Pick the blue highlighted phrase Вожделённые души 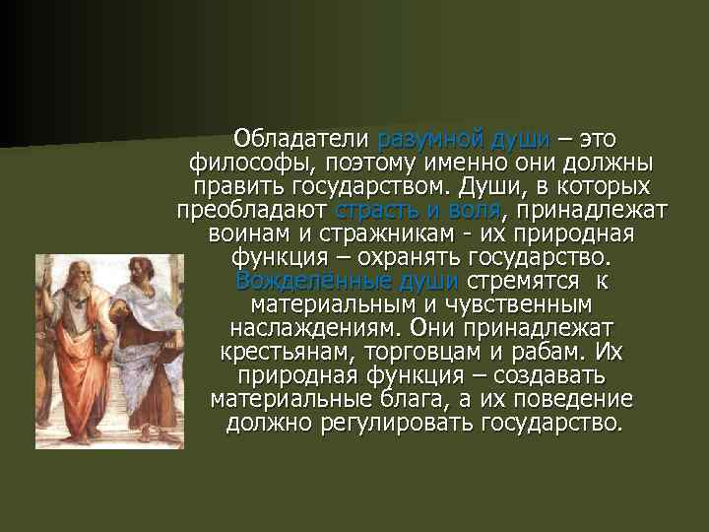coord(347,281)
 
